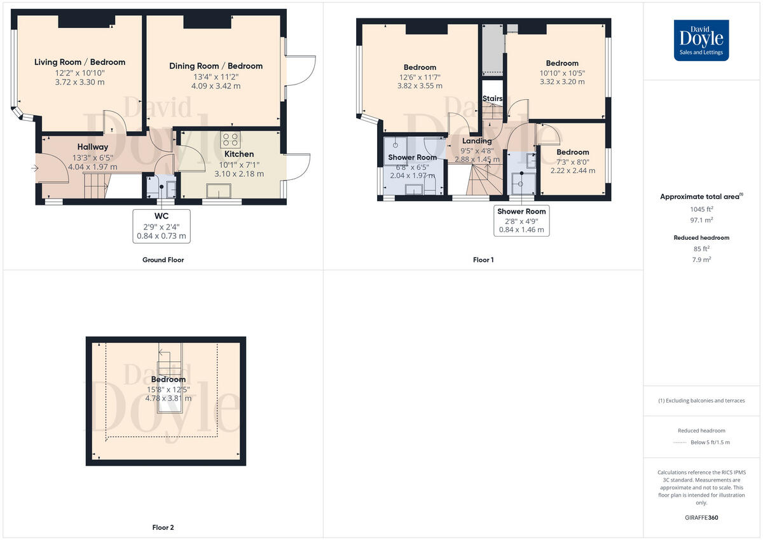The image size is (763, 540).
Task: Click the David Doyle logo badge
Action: [x=701, y=40]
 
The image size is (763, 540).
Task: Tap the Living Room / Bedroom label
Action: [x=79, y=62]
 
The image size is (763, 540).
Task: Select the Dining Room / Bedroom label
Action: [x=216, y=66]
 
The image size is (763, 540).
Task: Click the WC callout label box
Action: [x=162, y=225]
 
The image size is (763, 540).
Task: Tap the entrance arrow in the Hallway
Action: [x=34, y=168]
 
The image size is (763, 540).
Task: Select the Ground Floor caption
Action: [x=163, y=260]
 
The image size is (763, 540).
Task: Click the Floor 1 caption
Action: [x=483, y=260]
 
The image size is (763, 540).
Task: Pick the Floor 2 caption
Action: [x=163, y=527]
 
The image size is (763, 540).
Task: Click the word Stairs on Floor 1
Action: [x=492, y=99]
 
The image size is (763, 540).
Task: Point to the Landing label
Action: [x=476, y=141]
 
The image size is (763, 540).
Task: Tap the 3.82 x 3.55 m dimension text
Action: [x=420, y=86]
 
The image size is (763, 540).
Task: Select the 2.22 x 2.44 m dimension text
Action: [x=572, y=170]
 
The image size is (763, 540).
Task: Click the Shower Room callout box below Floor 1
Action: [x=521, y=220]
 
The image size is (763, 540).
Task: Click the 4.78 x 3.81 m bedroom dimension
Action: [x=168, y=398]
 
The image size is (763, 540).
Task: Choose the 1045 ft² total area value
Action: [x=701, y=209]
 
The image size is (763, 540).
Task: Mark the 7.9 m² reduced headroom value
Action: [x=701, y=260]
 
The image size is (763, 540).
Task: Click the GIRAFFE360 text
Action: [x=701, y=518]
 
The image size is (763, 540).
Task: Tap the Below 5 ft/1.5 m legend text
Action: [x=710, y=442]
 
